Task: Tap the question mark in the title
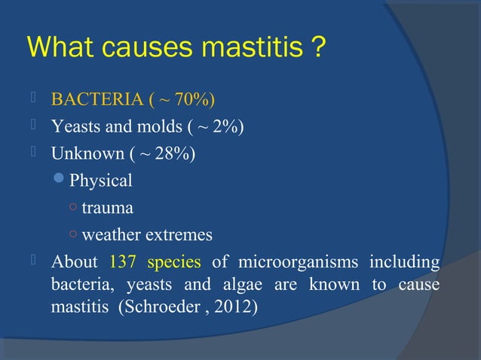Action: coord(320,49)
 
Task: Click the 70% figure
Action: coord(196,101)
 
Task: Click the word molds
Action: coord(143,127)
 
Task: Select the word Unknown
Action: coord(82,154)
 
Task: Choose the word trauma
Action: coord(107,208)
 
